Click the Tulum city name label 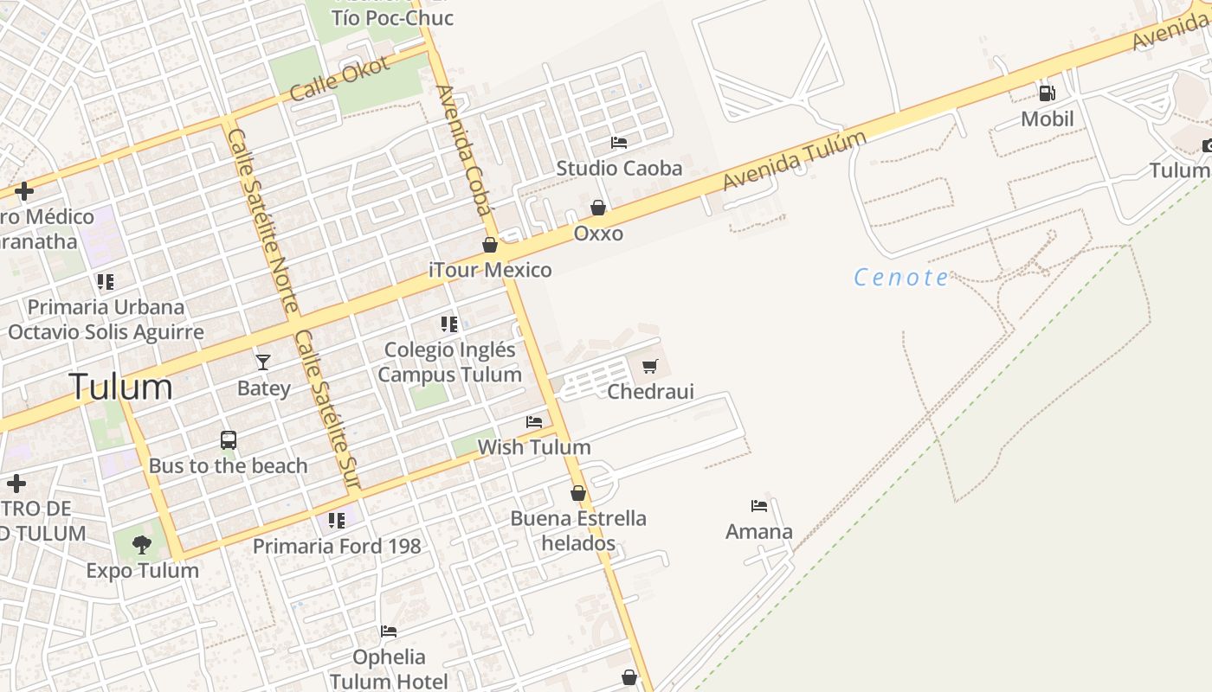120,386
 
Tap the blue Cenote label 900,278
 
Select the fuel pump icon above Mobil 1047,93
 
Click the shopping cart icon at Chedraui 650,366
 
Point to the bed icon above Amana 759,506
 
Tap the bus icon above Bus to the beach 229,440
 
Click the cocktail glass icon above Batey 263,362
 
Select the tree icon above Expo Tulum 142,545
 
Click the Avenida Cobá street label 463,151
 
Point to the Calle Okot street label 339,78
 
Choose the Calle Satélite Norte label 261,221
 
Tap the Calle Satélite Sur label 327,409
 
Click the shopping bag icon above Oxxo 598,208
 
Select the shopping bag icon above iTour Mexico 490,245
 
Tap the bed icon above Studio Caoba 619,142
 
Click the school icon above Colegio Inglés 448,324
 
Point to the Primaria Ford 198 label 337,546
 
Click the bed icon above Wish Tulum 534,422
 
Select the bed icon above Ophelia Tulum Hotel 389,631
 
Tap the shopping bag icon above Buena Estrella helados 578,493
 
